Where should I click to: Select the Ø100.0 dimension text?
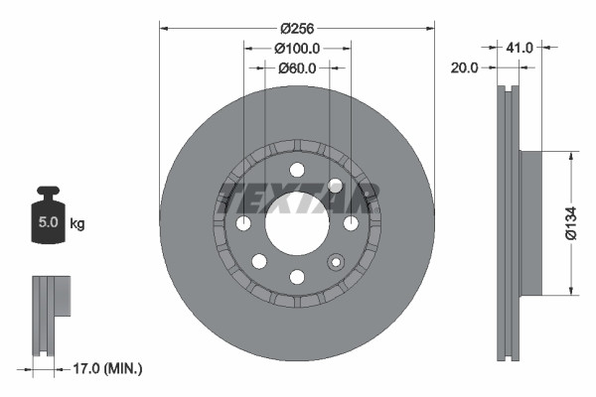(x=297, y=48)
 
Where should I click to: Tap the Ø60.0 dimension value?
(x=297, y=68)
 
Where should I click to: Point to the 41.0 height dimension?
(x=520, y=47)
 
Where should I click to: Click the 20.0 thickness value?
(x=464, y=67)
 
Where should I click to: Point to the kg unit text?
(x=76, y=224)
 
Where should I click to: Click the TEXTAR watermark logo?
(x=297, y=198)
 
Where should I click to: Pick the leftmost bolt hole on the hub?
(x=243, y=223)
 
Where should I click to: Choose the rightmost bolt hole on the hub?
(x=351, y=223)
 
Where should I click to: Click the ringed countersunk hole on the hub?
(x=336, y=186)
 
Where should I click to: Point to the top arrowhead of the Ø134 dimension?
(x=571, y=156)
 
